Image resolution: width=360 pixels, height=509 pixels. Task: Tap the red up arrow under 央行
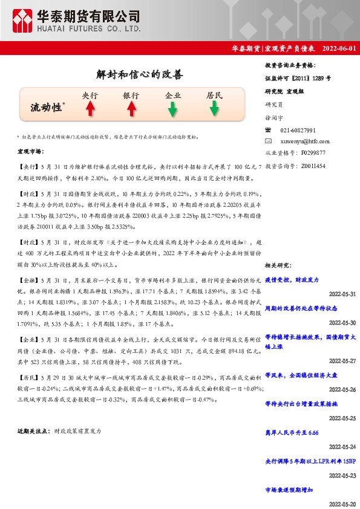click(x=90, y=109)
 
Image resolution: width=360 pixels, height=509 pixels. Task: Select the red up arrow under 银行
click(x=131, y=109)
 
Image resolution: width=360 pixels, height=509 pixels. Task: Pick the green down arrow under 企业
click(x=172, y=109)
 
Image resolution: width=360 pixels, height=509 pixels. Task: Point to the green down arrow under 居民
click(x=214, y=109)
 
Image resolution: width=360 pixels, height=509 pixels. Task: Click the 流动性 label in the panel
click(x=47, y=108)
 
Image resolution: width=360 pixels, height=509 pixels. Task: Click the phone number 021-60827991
click(x=298, y=131)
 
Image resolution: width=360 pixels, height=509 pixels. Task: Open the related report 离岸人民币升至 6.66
click(x=292, y=433)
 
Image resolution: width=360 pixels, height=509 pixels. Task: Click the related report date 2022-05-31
click(x=342, y=294)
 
